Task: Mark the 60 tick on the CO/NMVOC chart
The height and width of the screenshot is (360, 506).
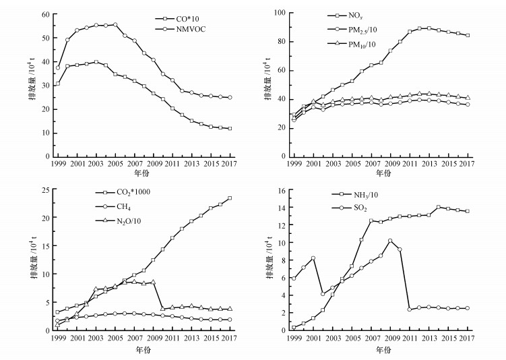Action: pos(46,14)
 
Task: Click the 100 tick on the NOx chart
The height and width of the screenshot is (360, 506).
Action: pos(278,13)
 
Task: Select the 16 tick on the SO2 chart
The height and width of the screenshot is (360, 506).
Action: pos(280,191)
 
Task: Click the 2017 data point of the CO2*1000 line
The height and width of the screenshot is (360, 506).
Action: pos(230,198)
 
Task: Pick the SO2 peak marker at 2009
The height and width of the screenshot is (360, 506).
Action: pos(390,241)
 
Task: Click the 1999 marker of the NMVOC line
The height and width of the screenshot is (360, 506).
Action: pos(58,67)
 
